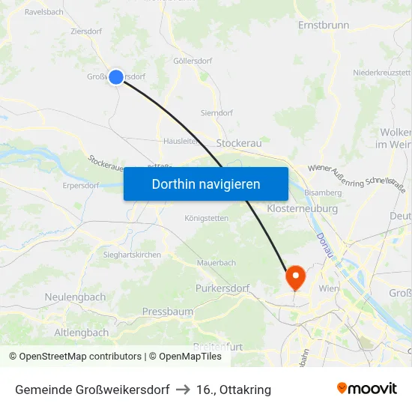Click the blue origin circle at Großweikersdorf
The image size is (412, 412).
116,76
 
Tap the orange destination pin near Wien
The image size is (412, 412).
295,278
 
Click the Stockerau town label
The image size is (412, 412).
238,143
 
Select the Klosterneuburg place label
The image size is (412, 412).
302,209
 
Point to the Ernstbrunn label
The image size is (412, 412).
324,25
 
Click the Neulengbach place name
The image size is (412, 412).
75,297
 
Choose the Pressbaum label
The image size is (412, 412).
168,312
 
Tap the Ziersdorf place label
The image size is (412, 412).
87,31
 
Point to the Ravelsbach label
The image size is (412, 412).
43,12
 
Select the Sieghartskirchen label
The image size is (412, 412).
132,255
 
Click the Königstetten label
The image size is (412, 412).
206,219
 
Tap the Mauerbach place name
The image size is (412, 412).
216,263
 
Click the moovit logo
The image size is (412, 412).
366,389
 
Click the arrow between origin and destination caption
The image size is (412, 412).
183,390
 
